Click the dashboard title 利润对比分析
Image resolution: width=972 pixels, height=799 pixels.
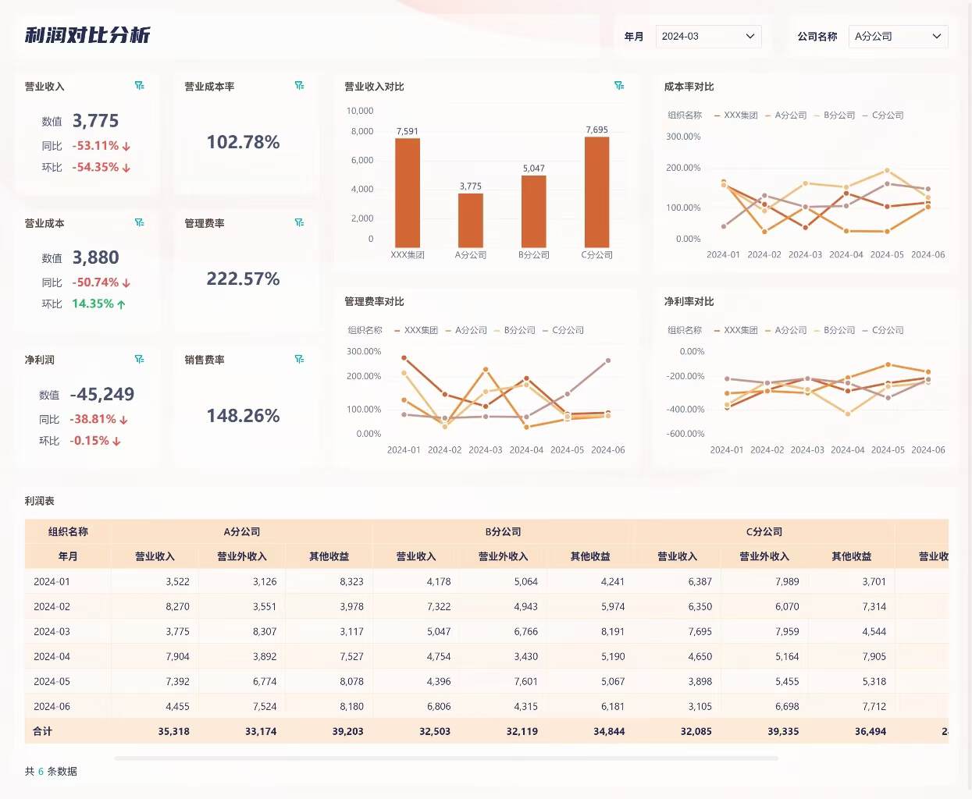point(87,35)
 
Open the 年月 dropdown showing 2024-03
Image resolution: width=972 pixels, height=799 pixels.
point(708,37)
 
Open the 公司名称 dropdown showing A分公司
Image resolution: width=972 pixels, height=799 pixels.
point(898,37)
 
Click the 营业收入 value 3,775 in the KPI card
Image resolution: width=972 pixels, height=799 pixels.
point(95,121)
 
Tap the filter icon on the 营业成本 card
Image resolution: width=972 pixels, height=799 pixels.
point(140,222)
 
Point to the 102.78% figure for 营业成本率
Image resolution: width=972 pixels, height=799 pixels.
point(243,142)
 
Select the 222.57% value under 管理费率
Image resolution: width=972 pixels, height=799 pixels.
point(243,279)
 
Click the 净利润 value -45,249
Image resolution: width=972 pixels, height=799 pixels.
point(102,394)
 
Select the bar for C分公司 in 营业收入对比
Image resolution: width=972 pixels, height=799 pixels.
point(596,192)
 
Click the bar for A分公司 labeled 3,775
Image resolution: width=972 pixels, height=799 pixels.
point(470,220)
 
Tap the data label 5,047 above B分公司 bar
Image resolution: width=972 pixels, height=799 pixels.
point(534,169)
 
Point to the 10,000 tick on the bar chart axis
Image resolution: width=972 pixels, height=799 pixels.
point(360,111)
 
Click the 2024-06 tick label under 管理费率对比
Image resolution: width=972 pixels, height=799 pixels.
point(607,450)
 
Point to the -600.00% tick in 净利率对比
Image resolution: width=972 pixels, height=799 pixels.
point(685,434)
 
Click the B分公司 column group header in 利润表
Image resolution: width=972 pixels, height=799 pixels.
point(503,532)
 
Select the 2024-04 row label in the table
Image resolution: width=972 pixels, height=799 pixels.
point(52,657)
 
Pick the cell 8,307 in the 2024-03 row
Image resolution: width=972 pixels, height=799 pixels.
point(264,632)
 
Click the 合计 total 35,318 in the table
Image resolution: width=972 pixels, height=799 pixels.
point(173,732)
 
